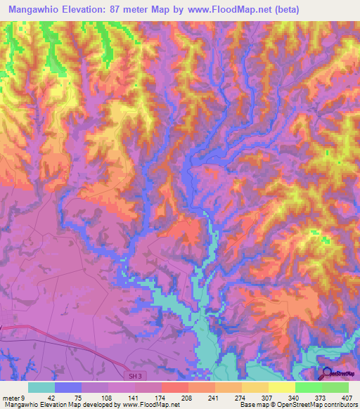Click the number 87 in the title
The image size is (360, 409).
pyautogui.click(x=137, y=10)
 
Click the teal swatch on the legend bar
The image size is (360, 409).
pyautogui.click(x=41, y=388)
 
